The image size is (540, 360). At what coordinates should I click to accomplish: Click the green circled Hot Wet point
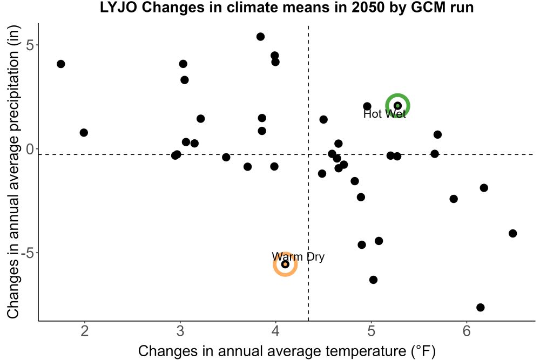[x=397, y=106]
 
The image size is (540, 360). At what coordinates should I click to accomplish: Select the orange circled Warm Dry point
[x=285, y=264]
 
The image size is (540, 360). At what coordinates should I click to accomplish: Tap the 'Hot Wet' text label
[x=384, y=114]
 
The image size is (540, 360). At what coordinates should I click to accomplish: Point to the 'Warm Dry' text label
[x=298, y=257]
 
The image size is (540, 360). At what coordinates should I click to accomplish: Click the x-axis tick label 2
[x=84, y=331]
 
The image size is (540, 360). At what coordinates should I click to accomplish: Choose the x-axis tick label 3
[x=180, y=331]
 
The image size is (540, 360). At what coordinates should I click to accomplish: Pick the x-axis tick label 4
[x=275, y=331]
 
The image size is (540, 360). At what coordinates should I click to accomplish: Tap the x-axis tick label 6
[x=467, y=331]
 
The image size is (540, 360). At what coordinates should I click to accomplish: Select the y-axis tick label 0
[x=30, y=149]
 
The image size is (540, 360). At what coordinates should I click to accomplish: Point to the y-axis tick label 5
[x=30, y=45]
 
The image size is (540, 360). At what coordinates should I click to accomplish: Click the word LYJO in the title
[x=118, y=7]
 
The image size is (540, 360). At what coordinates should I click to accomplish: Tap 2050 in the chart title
[x=367, y=7]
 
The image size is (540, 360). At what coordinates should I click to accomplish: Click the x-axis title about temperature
[x=287, y=351]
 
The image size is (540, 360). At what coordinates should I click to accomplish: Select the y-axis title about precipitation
[x=13, y=172]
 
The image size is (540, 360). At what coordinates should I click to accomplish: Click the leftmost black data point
[x=61, y=64]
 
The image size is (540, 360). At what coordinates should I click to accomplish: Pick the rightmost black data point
[x=513, y=233]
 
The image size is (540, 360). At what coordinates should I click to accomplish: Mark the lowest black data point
[x=481, y=307]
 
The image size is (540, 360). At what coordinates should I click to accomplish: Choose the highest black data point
[x=261, y=37]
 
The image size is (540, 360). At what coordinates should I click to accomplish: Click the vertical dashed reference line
[x=308, y=172]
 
